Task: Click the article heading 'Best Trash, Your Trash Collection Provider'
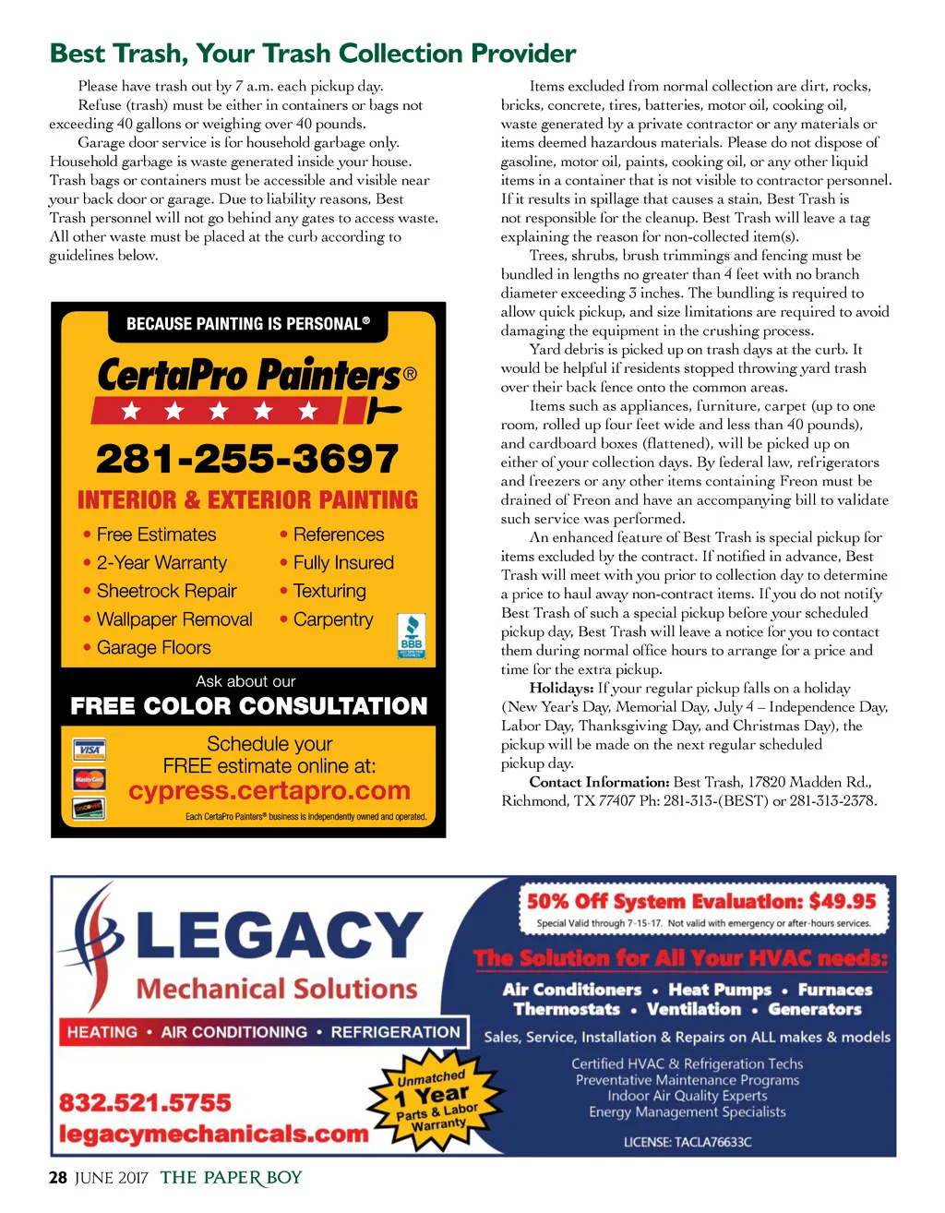[x=313, y=54]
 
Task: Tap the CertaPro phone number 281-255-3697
[x=247, y=459]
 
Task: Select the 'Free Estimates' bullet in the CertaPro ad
[x=155, y=534]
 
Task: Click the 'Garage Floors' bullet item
[x=153, y=648]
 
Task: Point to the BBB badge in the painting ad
[x=411, y=635]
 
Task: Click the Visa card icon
[x=90, y=750]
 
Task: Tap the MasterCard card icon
[x=90, y=780]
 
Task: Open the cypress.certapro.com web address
[x=269, y=791]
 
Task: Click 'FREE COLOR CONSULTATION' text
[x=249, y=706]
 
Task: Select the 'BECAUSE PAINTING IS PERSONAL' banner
[x=247, y=324]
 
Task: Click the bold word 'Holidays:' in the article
[x=561, y=689]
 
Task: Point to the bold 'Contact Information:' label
[x=599, y=782]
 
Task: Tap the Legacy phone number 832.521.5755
[x=145, y=1103]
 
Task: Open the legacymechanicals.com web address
[x=213, y=1134]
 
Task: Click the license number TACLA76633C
[x=688, y=1142]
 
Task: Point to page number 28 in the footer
[x=58, y=1178]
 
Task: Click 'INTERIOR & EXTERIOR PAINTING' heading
[x=247, y=500]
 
